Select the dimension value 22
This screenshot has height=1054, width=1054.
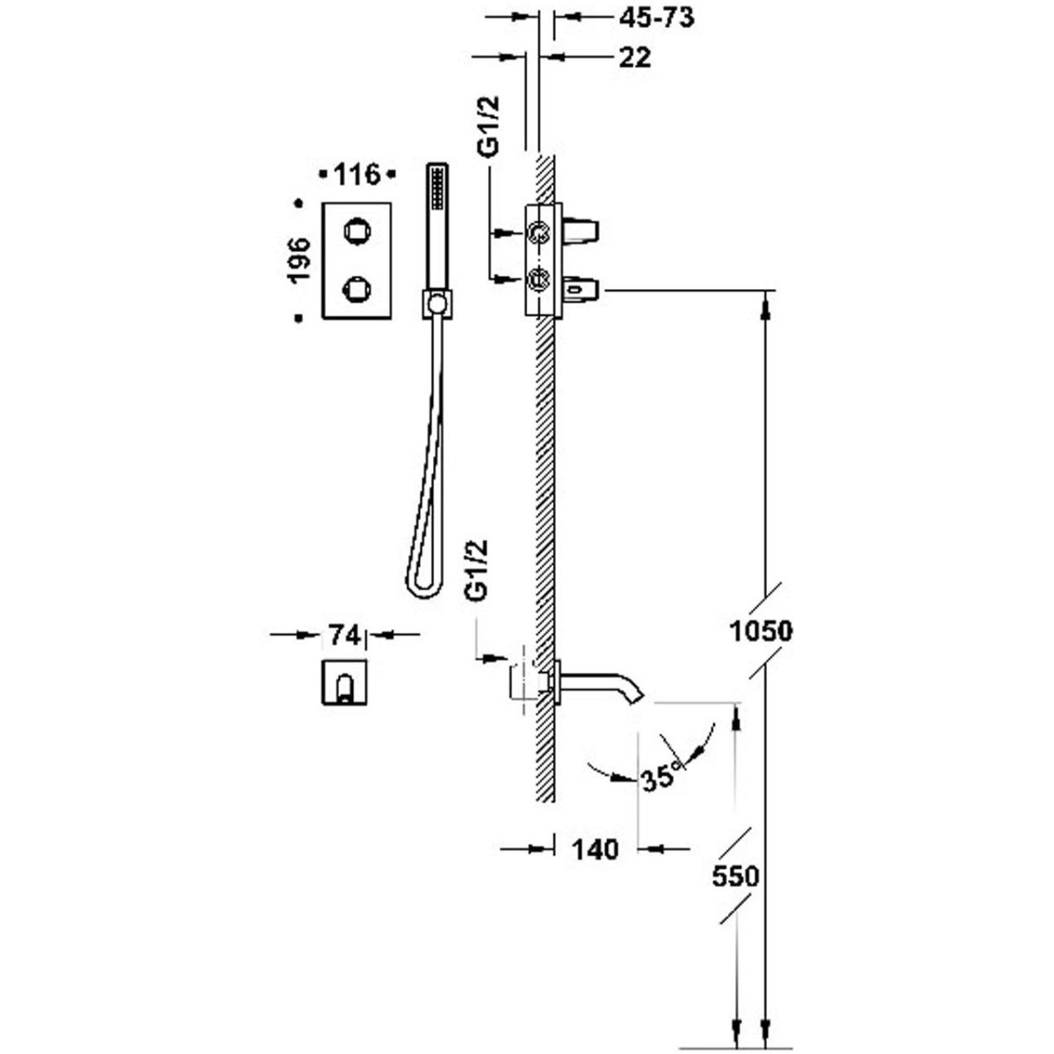point(634,57)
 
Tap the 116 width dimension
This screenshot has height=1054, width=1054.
point(357,175)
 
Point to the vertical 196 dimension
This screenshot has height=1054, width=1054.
point(299,259)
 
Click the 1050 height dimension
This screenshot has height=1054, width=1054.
point(761,630)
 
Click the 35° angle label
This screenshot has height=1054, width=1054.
point(661,776)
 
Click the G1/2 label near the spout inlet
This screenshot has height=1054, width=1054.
point(477,571)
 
